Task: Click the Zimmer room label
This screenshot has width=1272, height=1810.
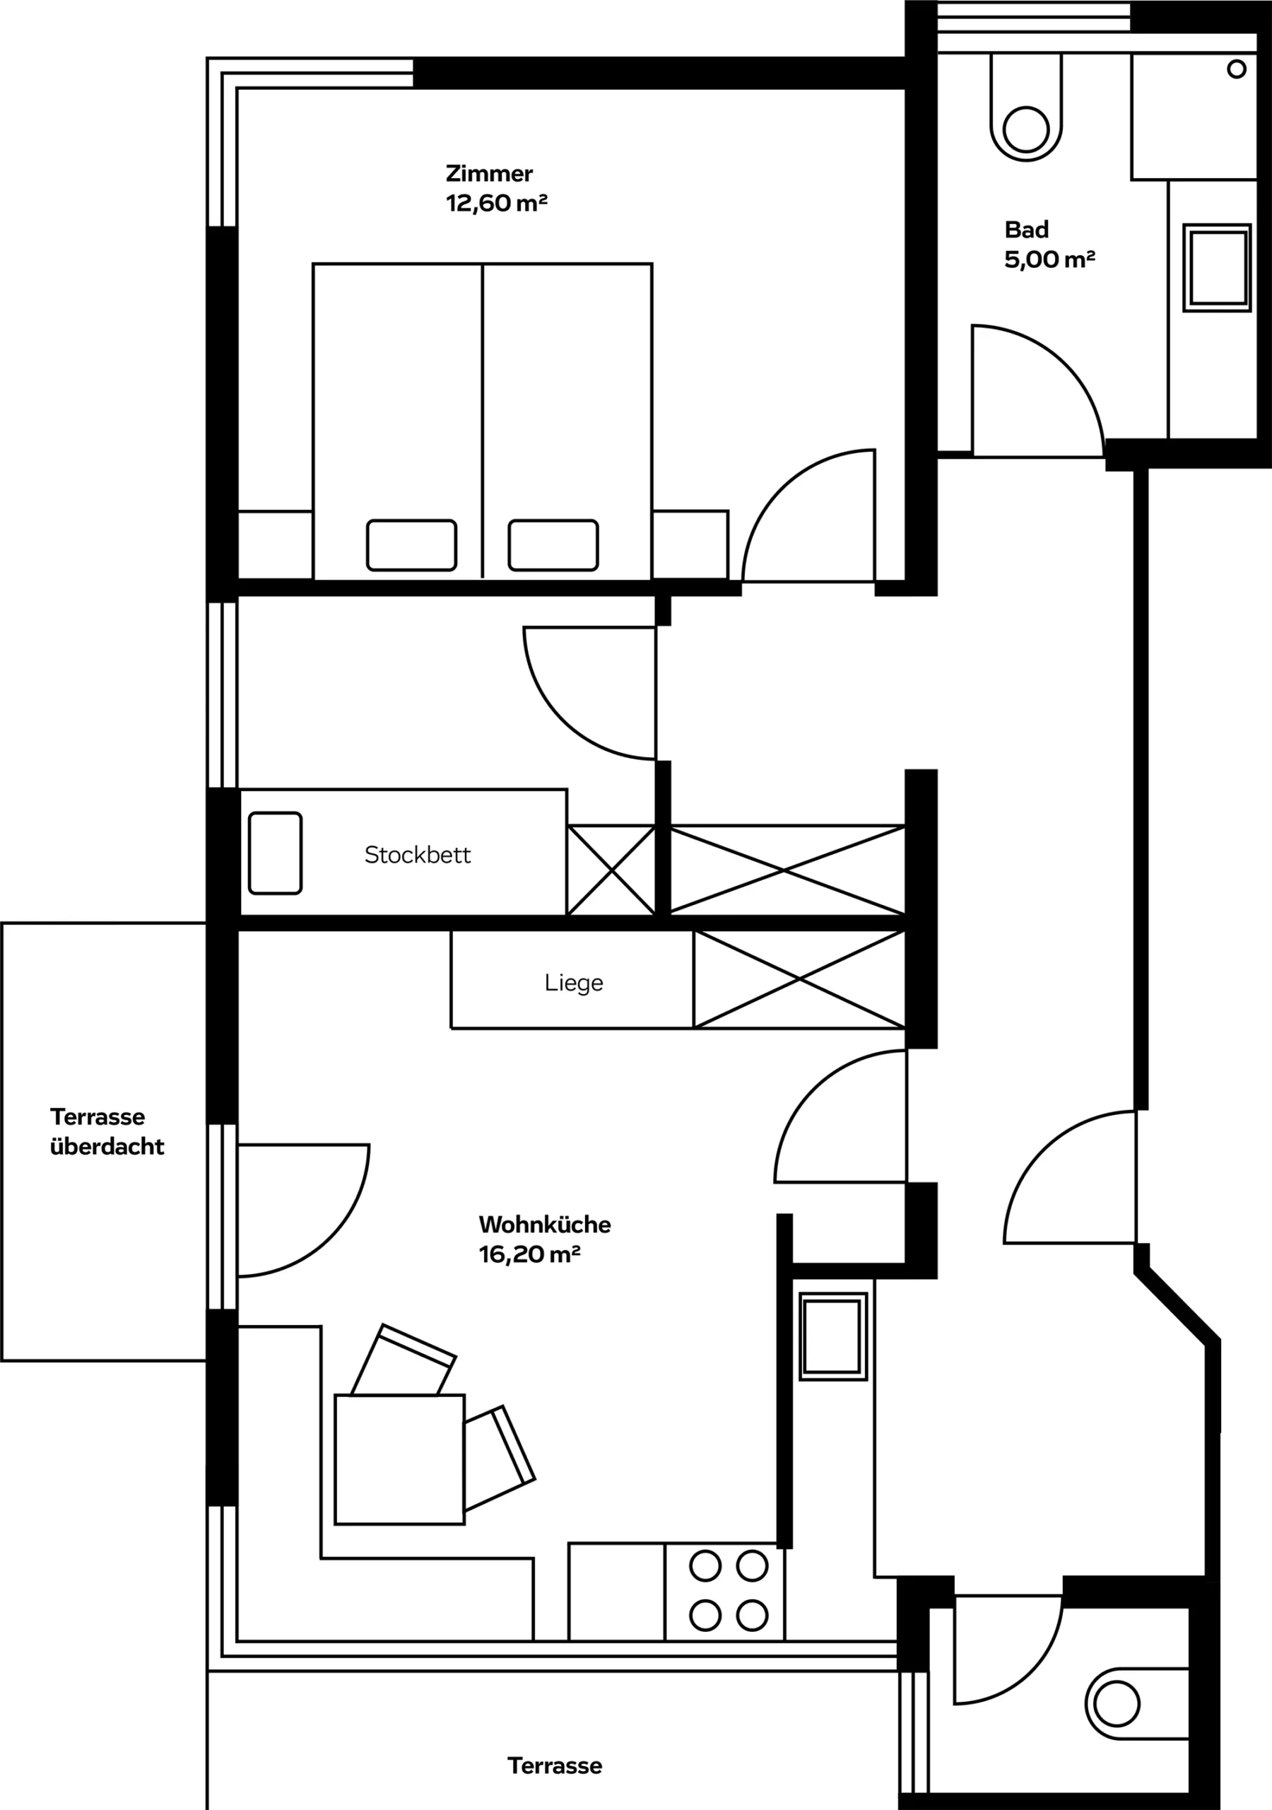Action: click(488, 173)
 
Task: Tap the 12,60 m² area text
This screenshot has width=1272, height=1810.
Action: click(497, 203)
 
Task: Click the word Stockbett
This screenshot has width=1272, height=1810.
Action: click(418, 855)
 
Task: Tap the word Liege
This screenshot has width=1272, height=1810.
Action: click(574, 983)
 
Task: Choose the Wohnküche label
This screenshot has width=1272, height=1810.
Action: click(545, 1225)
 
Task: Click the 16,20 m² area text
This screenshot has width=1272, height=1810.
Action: click(529, 1254)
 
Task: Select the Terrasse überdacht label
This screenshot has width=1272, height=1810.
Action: click(107, 1131)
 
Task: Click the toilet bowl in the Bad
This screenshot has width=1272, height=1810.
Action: click(1026, 108)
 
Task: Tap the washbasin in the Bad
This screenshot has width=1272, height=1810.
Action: click(1217, 268)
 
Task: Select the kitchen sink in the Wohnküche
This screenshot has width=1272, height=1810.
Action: click(833, 1336)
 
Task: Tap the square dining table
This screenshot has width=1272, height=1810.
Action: click(399, 1459)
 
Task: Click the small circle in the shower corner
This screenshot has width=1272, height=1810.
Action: click(1237, 69)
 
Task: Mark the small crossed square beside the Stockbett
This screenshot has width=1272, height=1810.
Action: click(611, 870)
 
